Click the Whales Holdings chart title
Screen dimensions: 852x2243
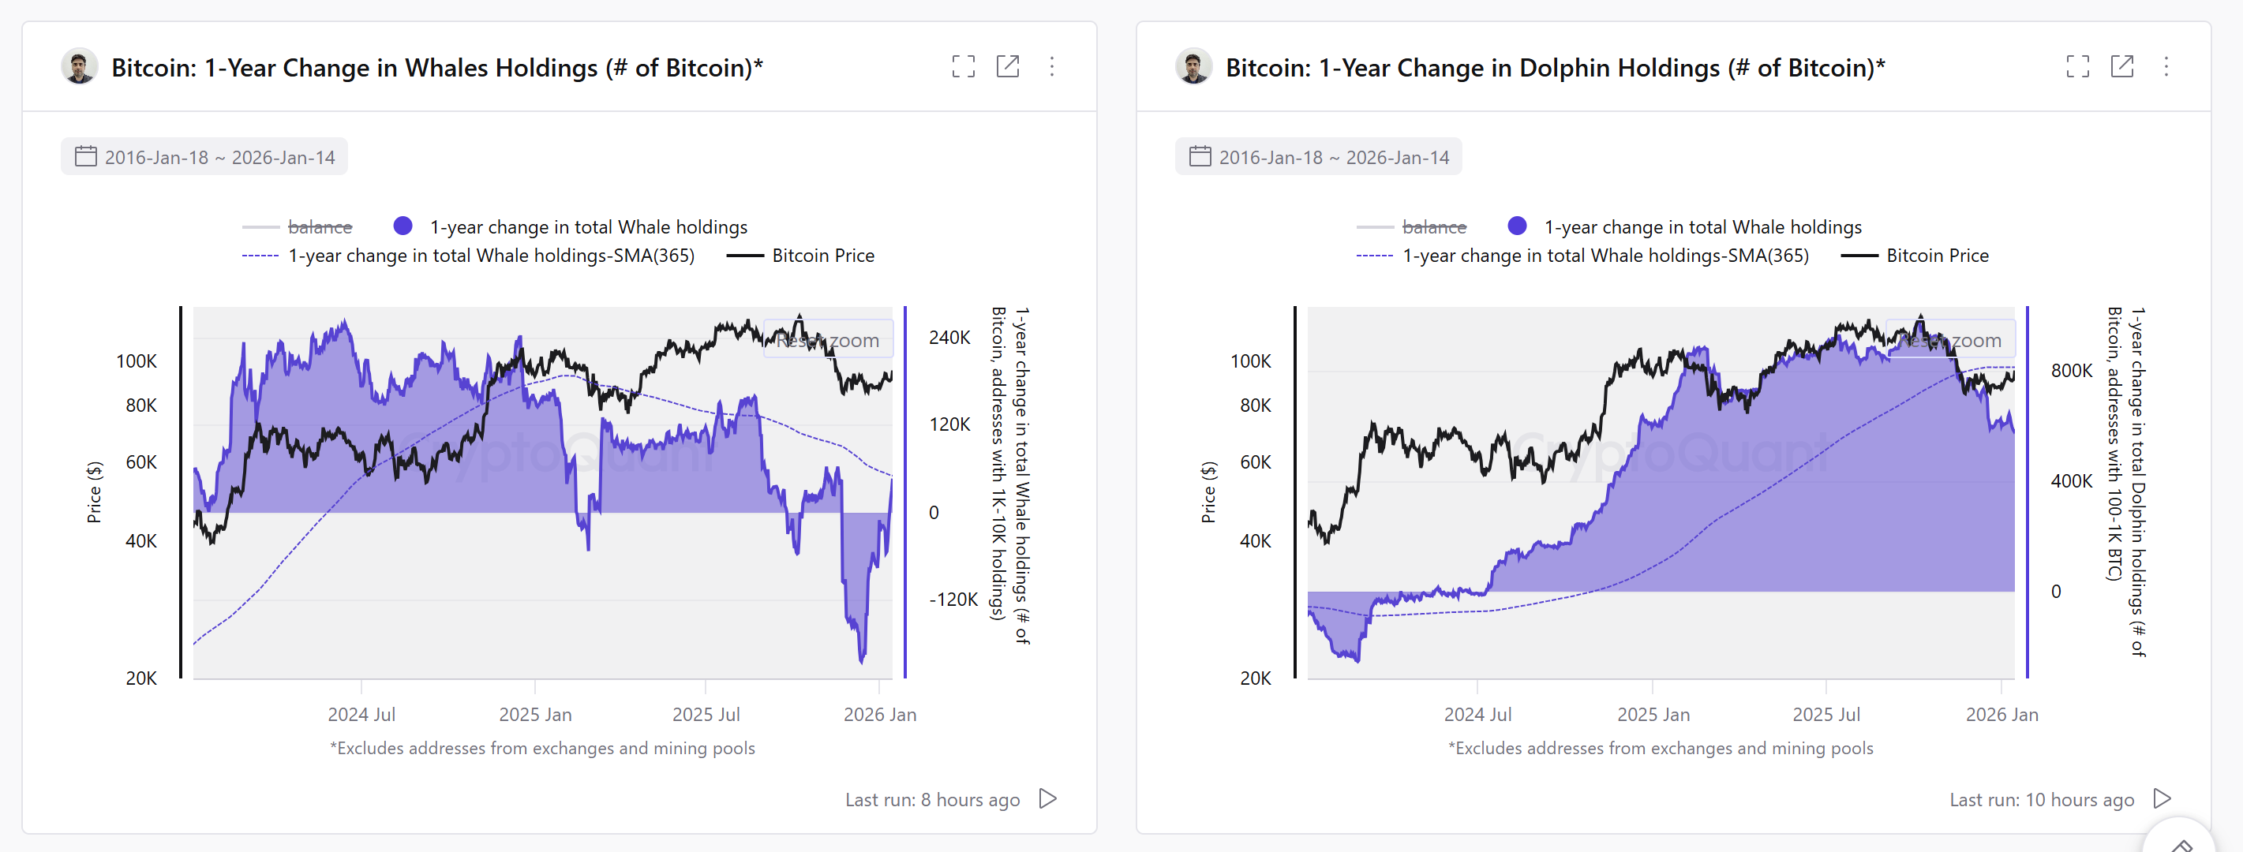pyautogui.click(x=436, y=68)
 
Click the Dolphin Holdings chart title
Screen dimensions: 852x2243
pyautogui.click(x=1554, y=68)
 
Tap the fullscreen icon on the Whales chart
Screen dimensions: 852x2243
pyautogui.click(x=963, y=67)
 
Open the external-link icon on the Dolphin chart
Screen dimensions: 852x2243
pyautogui.click(x=2121, y=67)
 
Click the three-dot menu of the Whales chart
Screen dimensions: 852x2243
pyautogui.click(x=1052, y=67)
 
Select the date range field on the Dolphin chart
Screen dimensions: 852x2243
pyautogui.click(x=1318, y=158)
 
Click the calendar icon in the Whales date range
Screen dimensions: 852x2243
pyautogui.click(x=85, y=157)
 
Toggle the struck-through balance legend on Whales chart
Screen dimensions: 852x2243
pyautogui.click(x=319, y=227)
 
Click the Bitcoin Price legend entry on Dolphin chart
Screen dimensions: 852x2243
pyautogui.click(x=1937, y=256)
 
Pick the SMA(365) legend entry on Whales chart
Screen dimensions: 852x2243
pyautogui.click(x=490, y=256)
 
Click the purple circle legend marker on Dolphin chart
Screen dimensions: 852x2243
pyautogui.click(x=1517, y=226)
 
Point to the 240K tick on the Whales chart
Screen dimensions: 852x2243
pyautogui.click(x=949, y=338)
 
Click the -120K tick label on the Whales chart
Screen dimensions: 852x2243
pyautogui.click(x=953, y=600)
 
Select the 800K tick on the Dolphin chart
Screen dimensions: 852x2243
pyautogui.click(x=2071, y=371)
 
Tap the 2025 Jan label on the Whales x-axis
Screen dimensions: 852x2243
pyautogui.click(x=534, y=715)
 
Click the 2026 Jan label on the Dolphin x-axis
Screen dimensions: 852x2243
pyautogui.click(x=2001, y=715)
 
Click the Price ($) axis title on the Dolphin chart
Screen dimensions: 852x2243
pyautogui.click(x=1208, y=492)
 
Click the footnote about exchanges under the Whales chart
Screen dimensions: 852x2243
pyautogui.click(x=541, y=749)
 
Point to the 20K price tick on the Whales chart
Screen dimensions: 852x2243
pyautogui.click(x=141, y=678)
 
